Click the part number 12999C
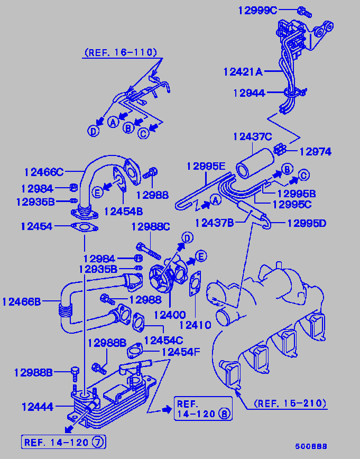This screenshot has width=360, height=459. coord(257,10)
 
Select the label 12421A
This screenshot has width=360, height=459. coord(243,71)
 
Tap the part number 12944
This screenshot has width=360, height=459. coord(249,93)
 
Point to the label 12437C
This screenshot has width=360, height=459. coord(252,137)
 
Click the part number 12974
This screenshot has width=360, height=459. coord(315,152)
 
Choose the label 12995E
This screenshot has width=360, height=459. coord(206,166)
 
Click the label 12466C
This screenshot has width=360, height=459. coord(43,172)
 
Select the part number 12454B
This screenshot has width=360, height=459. coord(123,211)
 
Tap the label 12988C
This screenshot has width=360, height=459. coord(151,227)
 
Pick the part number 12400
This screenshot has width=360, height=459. coord(169,315)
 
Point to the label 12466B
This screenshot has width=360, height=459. coord(21,302)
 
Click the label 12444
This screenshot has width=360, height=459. coord(37,407)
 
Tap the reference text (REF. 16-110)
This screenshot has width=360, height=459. coord(120,52)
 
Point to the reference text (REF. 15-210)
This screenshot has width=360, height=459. coord(290,403)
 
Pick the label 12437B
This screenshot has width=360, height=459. coord(214,223)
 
